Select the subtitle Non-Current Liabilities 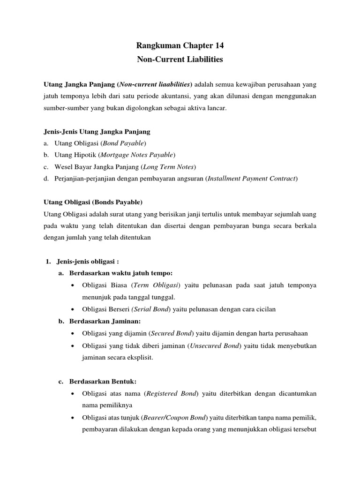(180, 60)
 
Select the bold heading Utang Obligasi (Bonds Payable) (92, 202)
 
